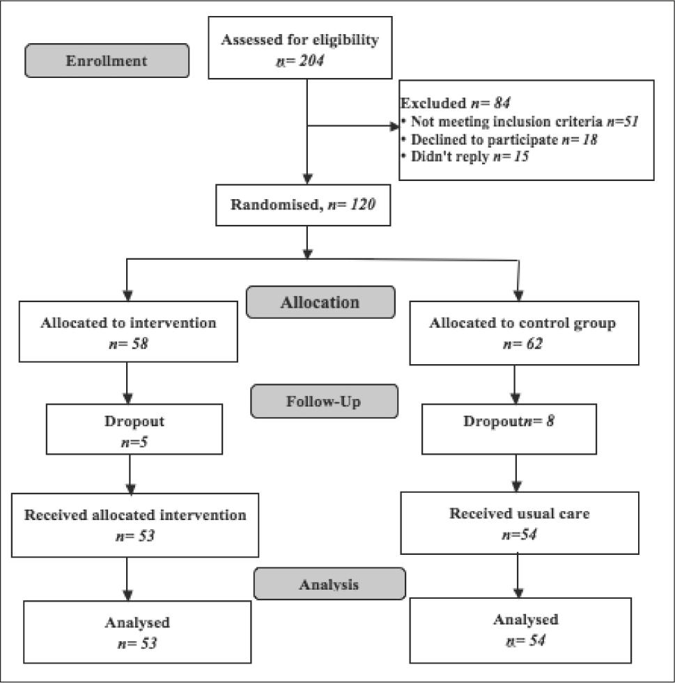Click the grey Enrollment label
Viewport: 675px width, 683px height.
click(x=107, y=61)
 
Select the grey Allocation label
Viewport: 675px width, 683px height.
click(x=320, y=302)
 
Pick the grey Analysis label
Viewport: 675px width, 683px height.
click(x=329, y=583)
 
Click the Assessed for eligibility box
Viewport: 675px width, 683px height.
click(x=300, y=49)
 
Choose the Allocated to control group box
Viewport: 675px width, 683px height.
click(x=514, y=333)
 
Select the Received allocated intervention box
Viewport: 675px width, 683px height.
click(x=135, y=525)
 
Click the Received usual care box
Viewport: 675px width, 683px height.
click(x=519, y=524)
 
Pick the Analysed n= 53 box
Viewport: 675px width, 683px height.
click(x=137, y=631)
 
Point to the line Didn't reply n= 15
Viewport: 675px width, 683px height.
click(x=465, y=157)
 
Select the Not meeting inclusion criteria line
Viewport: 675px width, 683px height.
click(x=520, y=122)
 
